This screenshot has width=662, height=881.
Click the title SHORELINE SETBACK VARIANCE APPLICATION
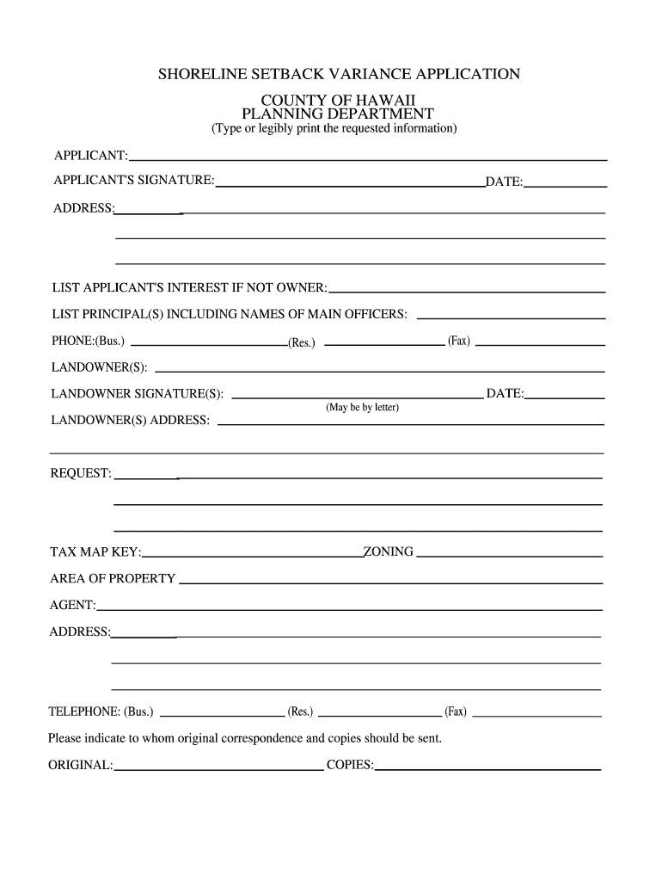338,74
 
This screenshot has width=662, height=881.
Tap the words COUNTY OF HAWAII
338,101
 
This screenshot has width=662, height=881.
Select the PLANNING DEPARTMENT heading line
338,114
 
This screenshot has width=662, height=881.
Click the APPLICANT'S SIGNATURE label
134,181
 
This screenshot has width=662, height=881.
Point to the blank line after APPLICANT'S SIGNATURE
350,185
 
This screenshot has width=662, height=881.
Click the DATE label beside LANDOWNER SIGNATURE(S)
505,394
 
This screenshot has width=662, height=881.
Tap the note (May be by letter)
362,407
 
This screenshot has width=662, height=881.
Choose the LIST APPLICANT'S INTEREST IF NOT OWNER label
189,286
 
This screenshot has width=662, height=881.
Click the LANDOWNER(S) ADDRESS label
131,421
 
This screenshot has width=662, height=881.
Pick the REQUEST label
82,474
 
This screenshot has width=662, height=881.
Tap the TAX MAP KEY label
95,551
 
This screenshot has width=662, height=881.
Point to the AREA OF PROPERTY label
113,579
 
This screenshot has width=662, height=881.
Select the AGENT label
72,606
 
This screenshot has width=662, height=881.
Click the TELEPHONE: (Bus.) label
101,712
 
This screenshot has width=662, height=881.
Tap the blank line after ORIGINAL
218,768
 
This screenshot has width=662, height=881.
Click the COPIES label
350,765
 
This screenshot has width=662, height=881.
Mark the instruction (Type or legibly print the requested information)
334,129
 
